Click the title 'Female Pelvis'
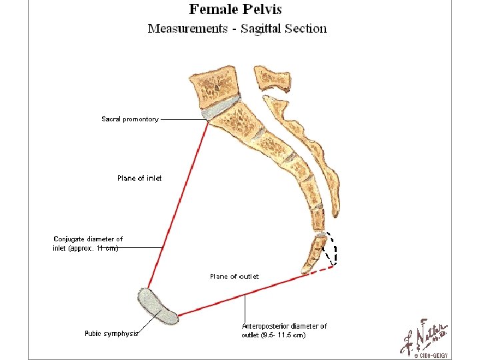tap(235, 9)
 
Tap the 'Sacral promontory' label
tap(130, 119)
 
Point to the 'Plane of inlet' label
tap(139, 178)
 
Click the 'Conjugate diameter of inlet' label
tap(88, 243)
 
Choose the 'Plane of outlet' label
tap(234, 276)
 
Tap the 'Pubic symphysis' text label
tap(111, 333)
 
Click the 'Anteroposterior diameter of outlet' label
tap(284, 331)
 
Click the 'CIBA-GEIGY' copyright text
tap(434, 356)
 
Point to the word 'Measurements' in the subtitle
tap(187, 29)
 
